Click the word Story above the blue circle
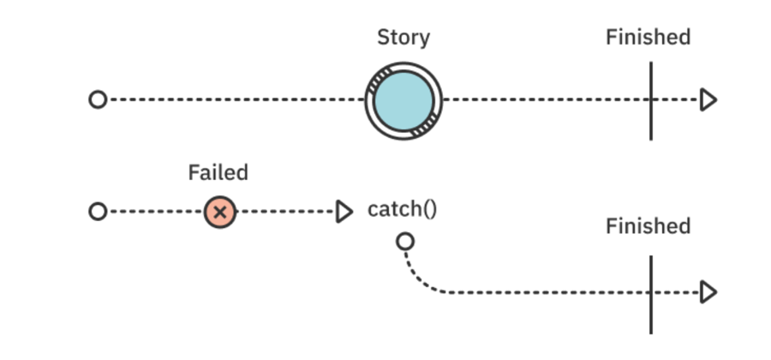(x=403, y=38)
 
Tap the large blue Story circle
(x=403, y=100)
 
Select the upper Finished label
(x=648, y=38)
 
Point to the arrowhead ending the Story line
(x=708, y=100)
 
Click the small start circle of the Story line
(x=98, y=99)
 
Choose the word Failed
(x=218, y=172)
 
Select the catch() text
(x=402, y=209)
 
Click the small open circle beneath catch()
(x=405, y=242)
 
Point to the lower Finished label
(x=648, y=226)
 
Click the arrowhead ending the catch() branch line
(x=708, y=293)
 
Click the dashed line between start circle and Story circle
(x=231, y=100)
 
